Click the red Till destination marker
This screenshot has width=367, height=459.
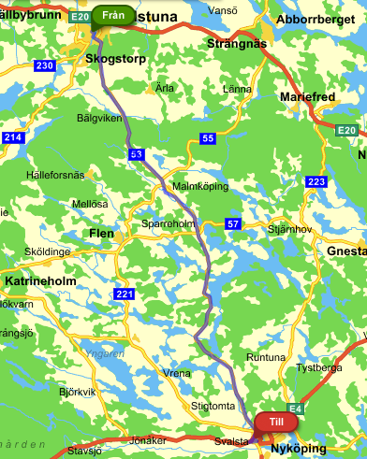(275, 423)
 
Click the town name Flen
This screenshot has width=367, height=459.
(100, 233)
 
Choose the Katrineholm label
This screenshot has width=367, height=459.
(40, 280)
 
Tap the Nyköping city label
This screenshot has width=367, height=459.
(298, 449)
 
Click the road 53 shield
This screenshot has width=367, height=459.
(137, 152)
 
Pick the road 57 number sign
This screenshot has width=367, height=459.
(233, 224)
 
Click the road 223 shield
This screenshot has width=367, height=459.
(316, 181)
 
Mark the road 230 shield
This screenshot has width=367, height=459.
(44, 65)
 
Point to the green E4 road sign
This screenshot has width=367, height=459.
(294, 409)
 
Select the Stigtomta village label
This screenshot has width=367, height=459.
(213, 406)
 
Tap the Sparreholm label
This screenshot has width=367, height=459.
(169, 225)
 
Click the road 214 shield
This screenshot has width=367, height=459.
(12, 137)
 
